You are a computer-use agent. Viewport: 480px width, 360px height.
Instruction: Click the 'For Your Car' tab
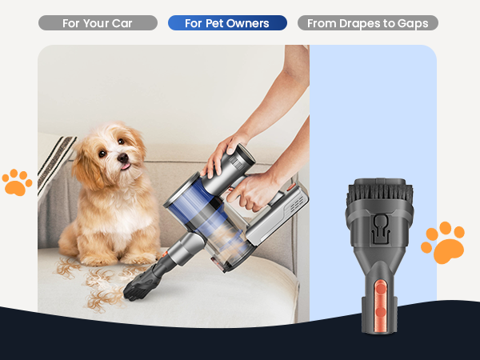coord(98,23)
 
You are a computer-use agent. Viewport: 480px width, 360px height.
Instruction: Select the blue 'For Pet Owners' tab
coord(227,23)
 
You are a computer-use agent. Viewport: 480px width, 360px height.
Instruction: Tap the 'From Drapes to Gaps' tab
coord(367,23)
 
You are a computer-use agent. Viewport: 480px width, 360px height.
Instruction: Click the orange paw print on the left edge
coord(16,182)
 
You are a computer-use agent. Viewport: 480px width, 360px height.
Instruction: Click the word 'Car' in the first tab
coord(122,23)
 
